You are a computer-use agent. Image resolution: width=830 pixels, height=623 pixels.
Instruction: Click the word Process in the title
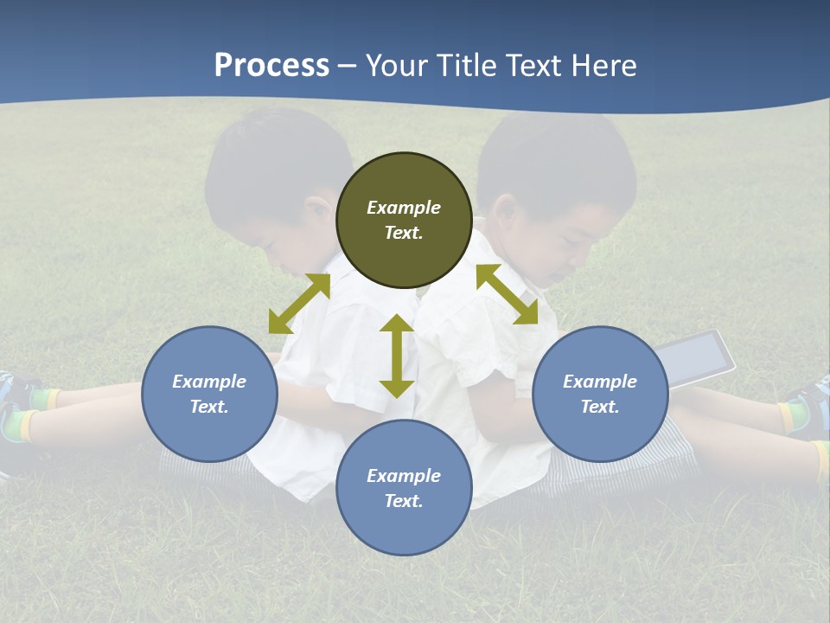click(x=271, y=66)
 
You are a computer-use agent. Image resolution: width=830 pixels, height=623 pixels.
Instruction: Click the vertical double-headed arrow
click(x=397, y=356)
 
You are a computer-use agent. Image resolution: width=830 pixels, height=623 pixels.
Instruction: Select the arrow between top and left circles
click(x=299, y=304)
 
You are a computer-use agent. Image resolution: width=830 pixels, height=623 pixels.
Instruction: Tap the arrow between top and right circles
click(x=507, y=294)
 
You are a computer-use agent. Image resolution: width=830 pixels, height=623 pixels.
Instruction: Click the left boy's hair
click(x=268, y=164)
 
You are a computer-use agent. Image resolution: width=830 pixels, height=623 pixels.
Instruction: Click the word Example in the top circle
click(x=404, y=208)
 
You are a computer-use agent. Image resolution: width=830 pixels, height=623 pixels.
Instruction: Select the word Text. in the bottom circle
click(x=404, y=501)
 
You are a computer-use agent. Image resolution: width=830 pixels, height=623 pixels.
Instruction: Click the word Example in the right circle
click(x=600, y=382)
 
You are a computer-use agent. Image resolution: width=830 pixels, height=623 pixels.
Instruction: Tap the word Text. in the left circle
click(x=209, y=407)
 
